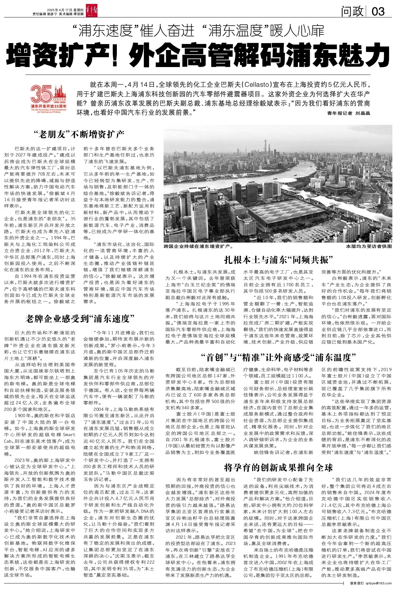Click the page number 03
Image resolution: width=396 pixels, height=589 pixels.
pos(378,12)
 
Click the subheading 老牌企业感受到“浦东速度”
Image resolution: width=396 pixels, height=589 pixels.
pos(81,318)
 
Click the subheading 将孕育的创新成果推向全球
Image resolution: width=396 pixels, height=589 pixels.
pos(278,467)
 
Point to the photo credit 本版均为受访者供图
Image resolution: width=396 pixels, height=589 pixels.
pos(369,246)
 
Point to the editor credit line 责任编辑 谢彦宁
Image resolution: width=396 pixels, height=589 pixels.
pos(44,14)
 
